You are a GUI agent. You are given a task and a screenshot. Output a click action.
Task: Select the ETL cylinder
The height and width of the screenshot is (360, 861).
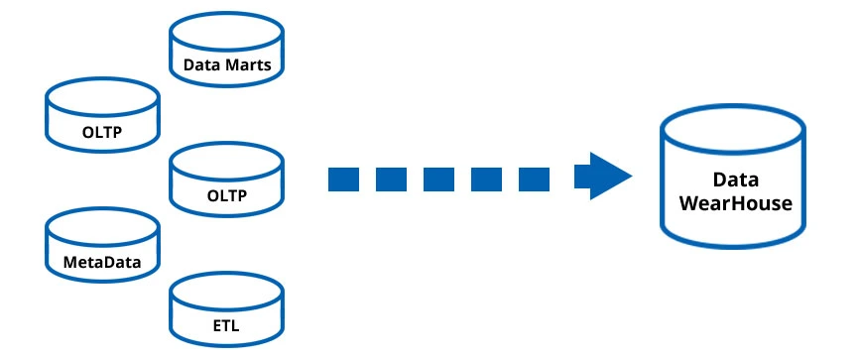(228, 310)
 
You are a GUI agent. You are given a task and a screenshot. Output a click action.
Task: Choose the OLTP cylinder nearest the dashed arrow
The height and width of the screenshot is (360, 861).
(226, 181)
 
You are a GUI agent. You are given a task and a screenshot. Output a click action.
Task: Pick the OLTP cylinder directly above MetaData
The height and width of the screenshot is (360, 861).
(102, 117)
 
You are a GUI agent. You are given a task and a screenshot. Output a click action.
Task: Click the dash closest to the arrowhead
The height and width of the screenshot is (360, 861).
(533, 179)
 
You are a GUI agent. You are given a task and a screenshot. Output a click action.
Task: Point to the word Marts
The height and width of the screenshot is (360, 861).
(247, 66)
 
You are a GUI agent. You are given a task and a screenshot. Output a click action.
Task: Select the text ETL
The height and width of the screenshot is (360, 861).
(228, 325)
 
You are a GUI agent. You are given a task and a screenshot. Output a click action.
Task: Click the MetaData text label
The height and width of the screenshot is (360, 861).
(102, 263)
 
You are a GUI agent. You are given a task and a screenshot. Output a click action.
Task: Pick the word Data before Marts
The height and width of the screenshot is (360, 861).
(201, 66)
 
